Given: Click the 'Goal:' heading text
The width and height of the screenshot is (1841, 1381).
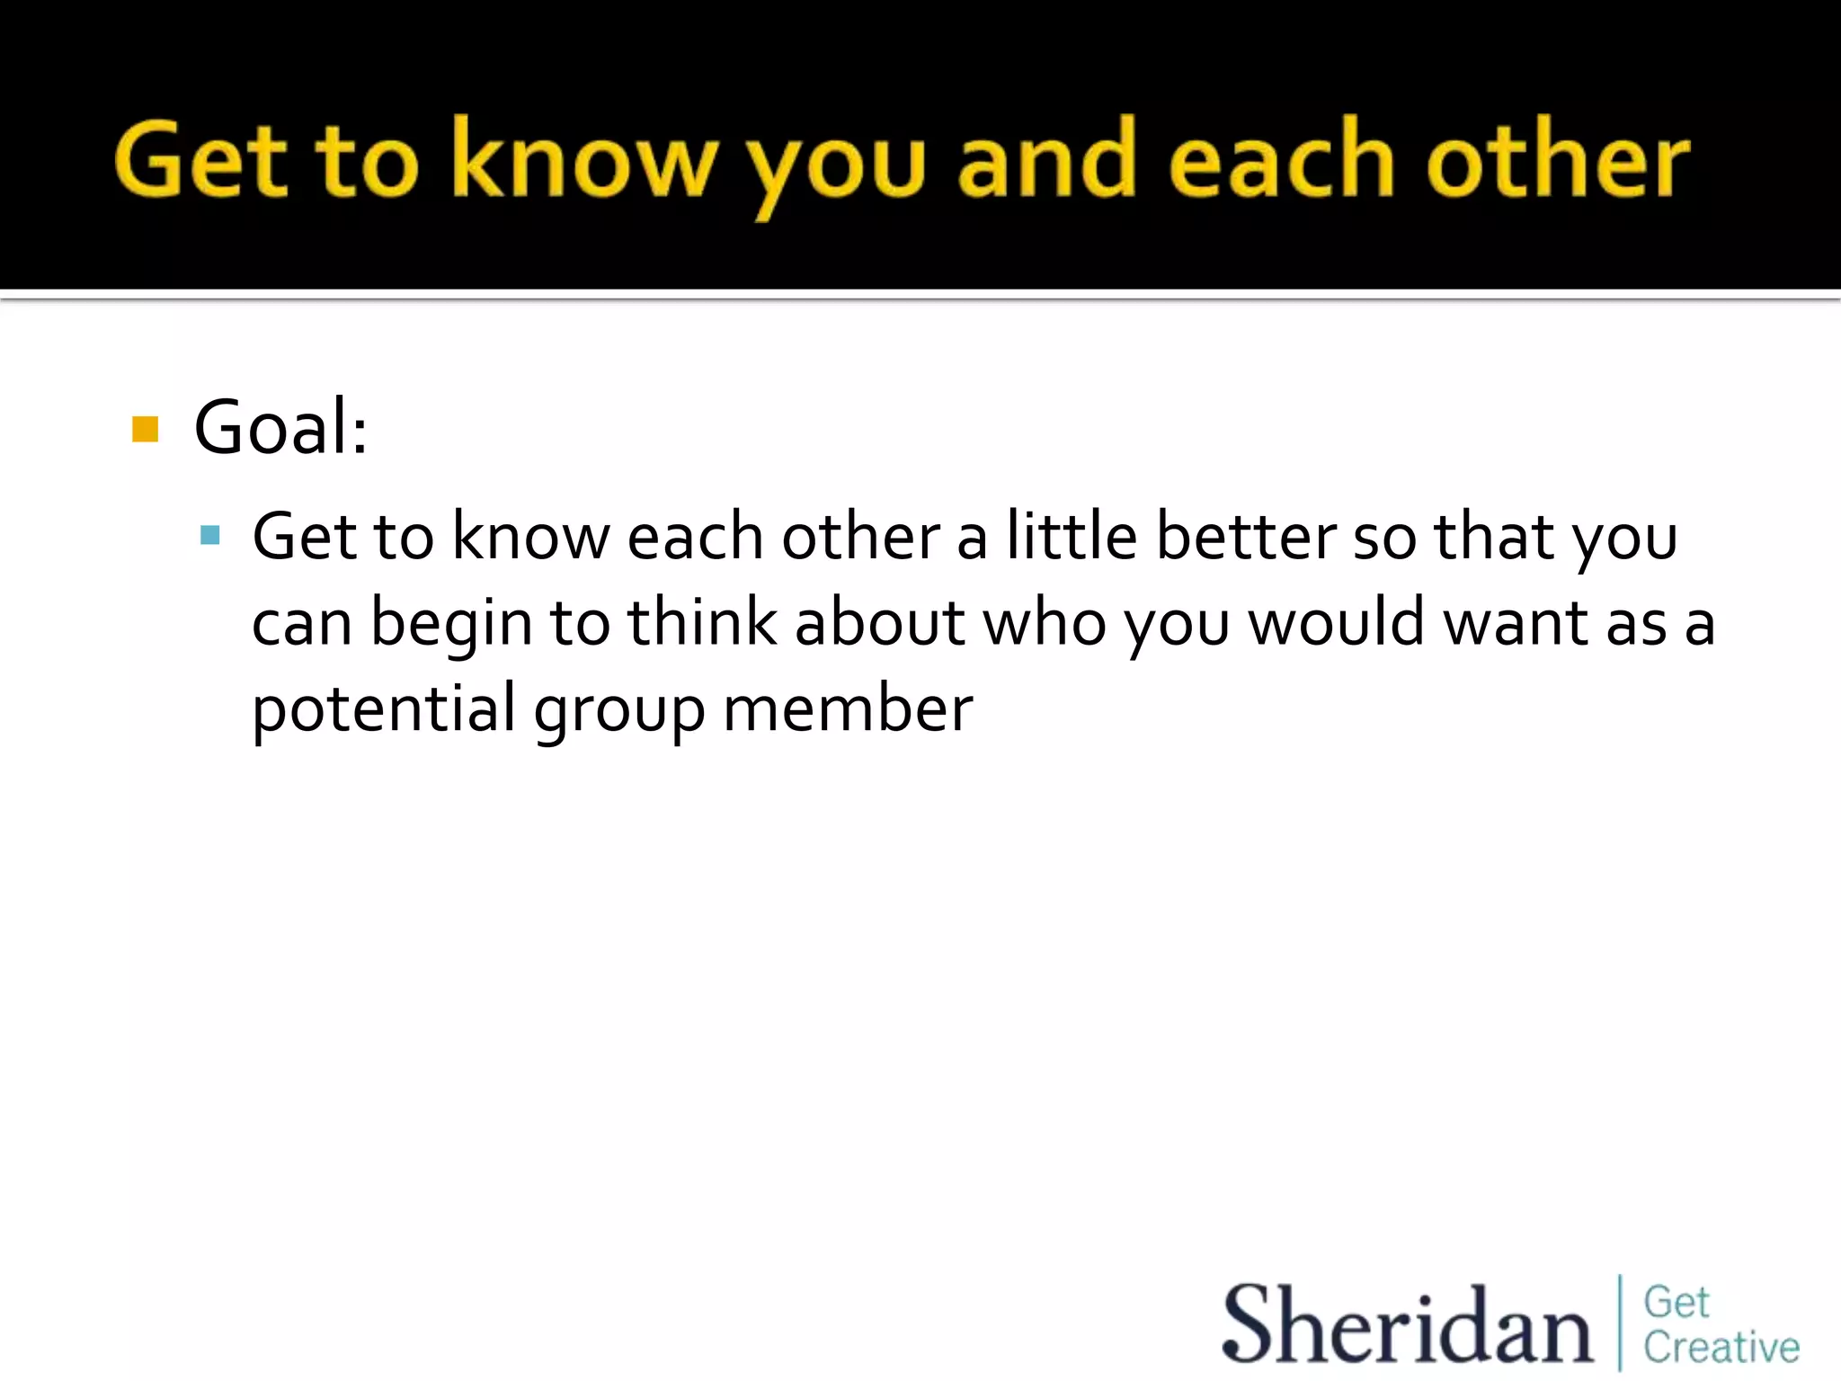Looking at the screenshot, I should [280, 428].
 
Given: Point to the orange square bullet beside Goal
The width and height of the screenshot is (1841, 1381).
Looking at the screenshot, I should [145, 429].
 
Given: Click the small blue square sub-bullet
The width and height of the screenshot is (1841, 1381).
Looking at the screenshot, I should [210, 536].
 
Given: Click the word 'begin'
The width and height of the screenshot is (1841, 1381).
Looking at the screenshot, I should [452, 623].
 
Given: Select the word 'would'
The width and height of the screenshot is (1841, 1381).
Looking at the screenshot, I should [1337, 622].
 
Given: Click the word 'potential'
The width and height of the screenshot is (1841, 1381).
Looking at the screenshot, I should [384, 709].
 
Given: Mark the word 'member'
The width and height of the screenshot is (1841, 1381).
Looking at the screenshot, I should [848, 708].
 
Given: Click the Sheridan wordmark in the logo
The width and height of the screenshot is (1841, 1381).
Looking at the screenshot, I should [1407, 1324].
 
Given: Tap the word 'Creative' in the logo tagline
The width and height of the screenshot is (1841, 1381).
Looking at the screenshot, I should [1721, 1347].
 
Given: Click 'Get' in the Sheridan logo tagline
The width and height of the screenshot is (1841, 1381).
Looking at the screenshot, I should [1676, 1302].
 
